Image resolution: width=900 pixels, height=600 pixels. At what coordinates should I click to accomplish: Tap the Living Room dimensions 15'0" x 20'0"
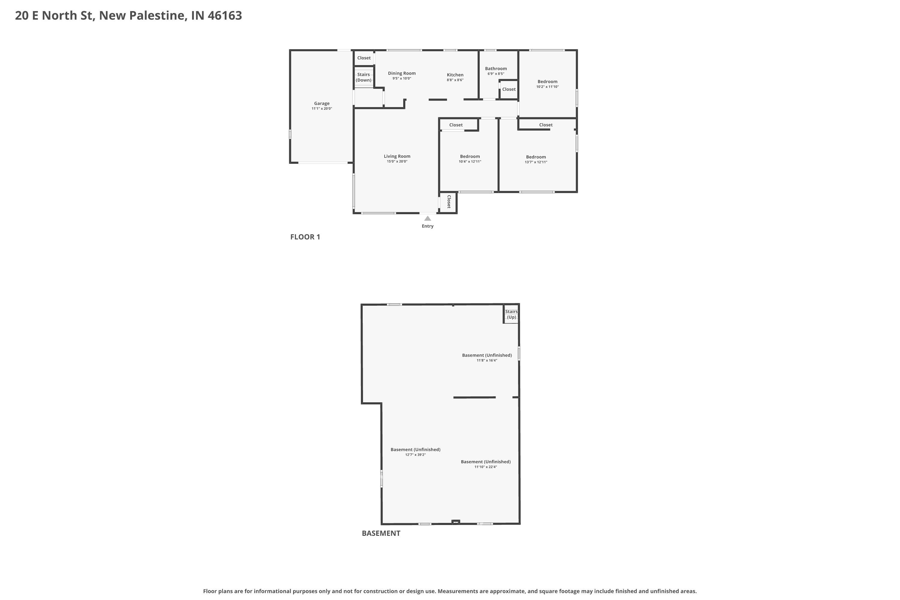pyautogui.click(x=397, y=161)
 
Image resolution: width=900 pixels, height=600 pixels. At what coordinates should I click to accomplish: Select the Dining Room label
pyautogui.click(x=401, y=73)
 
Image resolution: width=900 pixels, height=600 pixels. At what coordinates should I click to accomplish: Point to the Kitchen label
pyautogui.click(x=455, y=75)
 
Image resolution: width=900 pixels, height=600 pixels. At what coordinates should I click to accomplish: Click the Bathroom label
pyautogui.click(x=496, y=68)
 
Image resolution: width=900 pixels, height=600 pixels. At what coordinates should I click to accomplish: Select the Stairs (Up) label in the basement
pyautogui.click(x=511, y=314)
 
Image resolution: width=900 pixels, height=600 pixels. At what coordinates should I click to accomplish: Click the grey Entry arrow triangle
pyautogui.click(x=427, y=218)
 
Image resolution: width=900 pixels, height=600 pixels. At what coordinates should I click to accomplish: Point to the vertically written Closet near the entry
pyautogui.click(x=449, y=202)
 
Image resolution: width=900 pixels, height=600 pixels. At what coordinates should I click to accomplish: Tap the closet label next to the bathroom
pyautogui.click(x=508, y=89)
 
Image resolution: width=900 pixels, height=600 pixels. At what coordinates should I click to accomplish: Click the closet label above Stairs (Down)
pyautogui.click(x=364, y=58)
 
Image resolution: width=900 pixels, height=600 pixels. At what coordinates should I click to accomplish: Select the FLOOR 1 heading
pyautogui.click(x=305, y=237)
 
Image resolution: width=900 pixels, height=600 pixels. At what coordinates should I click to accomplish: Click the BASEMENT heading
pyautogui.click(x=381, y=533)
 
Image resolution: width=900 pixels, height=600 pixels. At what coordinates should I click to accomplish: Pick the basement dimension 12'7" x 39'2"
pyautogui.click(x=415, y=454)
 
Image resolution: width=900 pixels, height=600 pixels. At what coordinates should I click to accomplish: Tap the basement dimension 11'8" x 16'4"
pyautogui.click(x=486, y=360)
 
